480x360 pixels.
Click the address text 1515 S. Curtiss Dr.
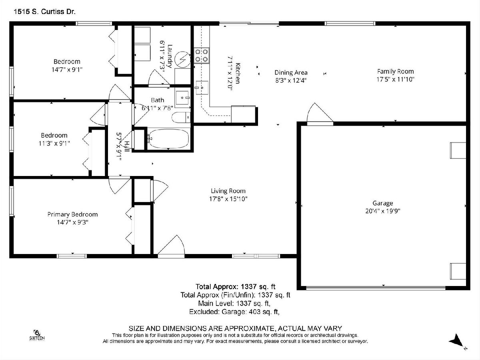pyautogui.click(x=45, y=12)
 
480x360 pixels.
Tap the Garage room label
pyautogui.click(x=383, y=203)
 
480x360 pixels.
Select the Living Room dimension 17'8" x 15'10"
pyautogui.click(x=228, y=199)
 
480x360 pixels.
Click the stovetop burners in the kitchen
pyautogui.click(x=202, y=55)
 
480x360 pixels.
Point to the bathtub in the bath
pyautogui.click(x=168, y=138)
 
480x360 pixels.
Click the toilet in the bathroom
pyautogui.click(x=181, y=117)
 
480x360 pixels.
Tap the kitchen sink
pyautogui.click(x=202, y=88)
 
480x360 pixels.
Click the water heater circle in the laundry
pyautogui.click(x=183, y=59)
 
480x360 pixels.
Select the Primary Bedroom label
pyautogui.click(x=72, y=214)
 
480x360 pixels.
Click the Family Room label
pyautogui.click(x=395, y=71)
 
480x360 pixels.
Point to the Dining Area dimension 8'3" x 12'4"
pyautogui.click(x=291, y=80)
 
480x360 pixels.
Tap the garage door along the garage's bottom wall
pyautogui.click(x=376, y=288)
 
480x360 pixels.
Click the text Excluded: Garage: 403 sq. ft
pyautogui.click(x=234, y=312)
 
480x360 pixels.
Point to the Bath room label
pyautogui.click(x=158, y=100)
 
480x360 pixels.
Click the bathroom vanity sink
pyautogui.click(x=182, y=98)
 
